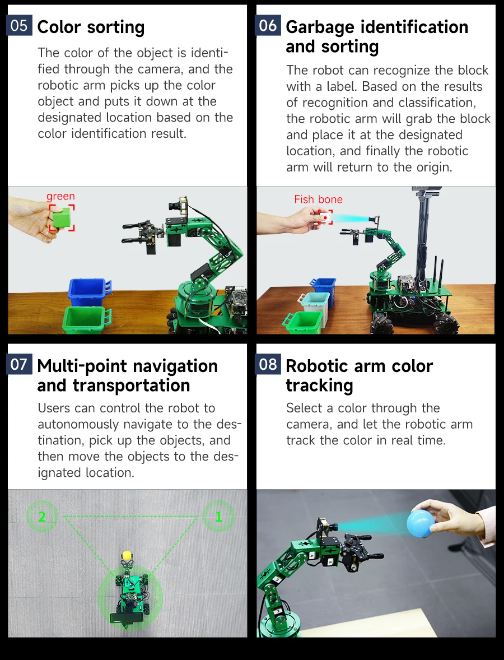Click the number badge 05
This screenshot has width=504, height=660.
(x=19, y=26)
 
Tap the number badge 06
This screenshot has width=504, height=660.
(x=268, y=26)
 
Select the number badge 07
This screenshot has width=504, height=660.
(x=19, y=365)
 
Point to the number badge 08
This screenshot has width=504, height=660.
(x=268, y=365)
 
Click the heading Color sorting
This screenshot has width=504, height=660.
(x=91, y=27)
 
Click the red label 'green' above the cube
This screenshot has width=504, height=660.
(x=60, y=196)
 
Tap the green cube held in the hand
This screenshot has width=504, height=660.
(x=62, y=217)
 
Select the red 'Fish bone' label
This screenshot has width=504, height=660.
(x=318, y=199)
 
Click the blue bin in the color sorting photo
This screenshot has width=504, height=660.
(x=87, y=292)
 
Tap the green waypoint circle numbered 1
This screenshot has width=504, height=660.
(x=218, y=517)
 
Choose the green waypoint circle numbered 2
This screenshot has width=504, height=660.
(x=41, y=517)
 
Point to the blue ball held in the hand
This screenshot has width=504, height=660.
(x=421, y=523)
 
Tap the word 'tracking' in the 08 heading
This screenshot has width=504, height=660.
(x=319, y=385)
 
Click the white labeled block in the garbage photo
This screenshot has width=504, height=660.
(x=325, y=217)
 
